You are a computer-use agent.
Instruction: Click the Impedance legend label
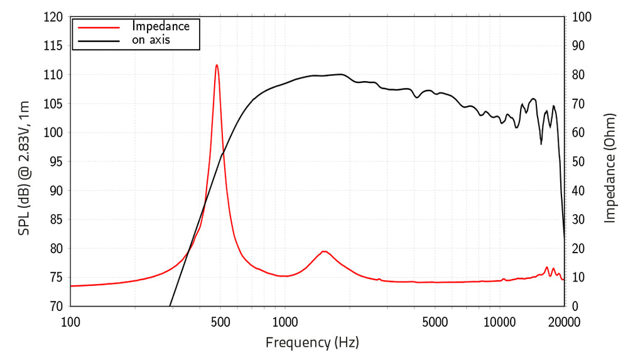click(160, 26)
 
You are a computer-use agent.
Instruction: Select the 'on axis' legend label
click(151, 40)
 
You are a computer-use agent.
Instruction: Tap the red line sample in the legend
click(97, 27)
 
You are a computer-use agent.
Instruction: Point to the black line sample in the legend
click(97, 41)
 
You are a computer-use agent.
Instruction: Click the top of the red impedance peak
click(217, 65)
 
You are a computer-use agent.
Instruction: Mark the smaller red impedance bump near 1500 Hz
click(324, 251)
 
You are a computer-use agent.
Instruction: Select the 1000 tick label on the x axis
click(284, 322)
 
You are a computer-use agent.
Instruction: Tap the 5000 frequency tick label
click(435, 322)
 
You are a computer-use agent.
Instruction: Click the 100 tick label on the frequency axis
click(70, 322)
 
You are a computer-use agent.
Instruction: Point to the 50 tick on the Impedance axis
click(578, 161)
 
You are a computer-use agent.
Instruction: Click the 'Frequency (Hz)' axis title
click(312, 342)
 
